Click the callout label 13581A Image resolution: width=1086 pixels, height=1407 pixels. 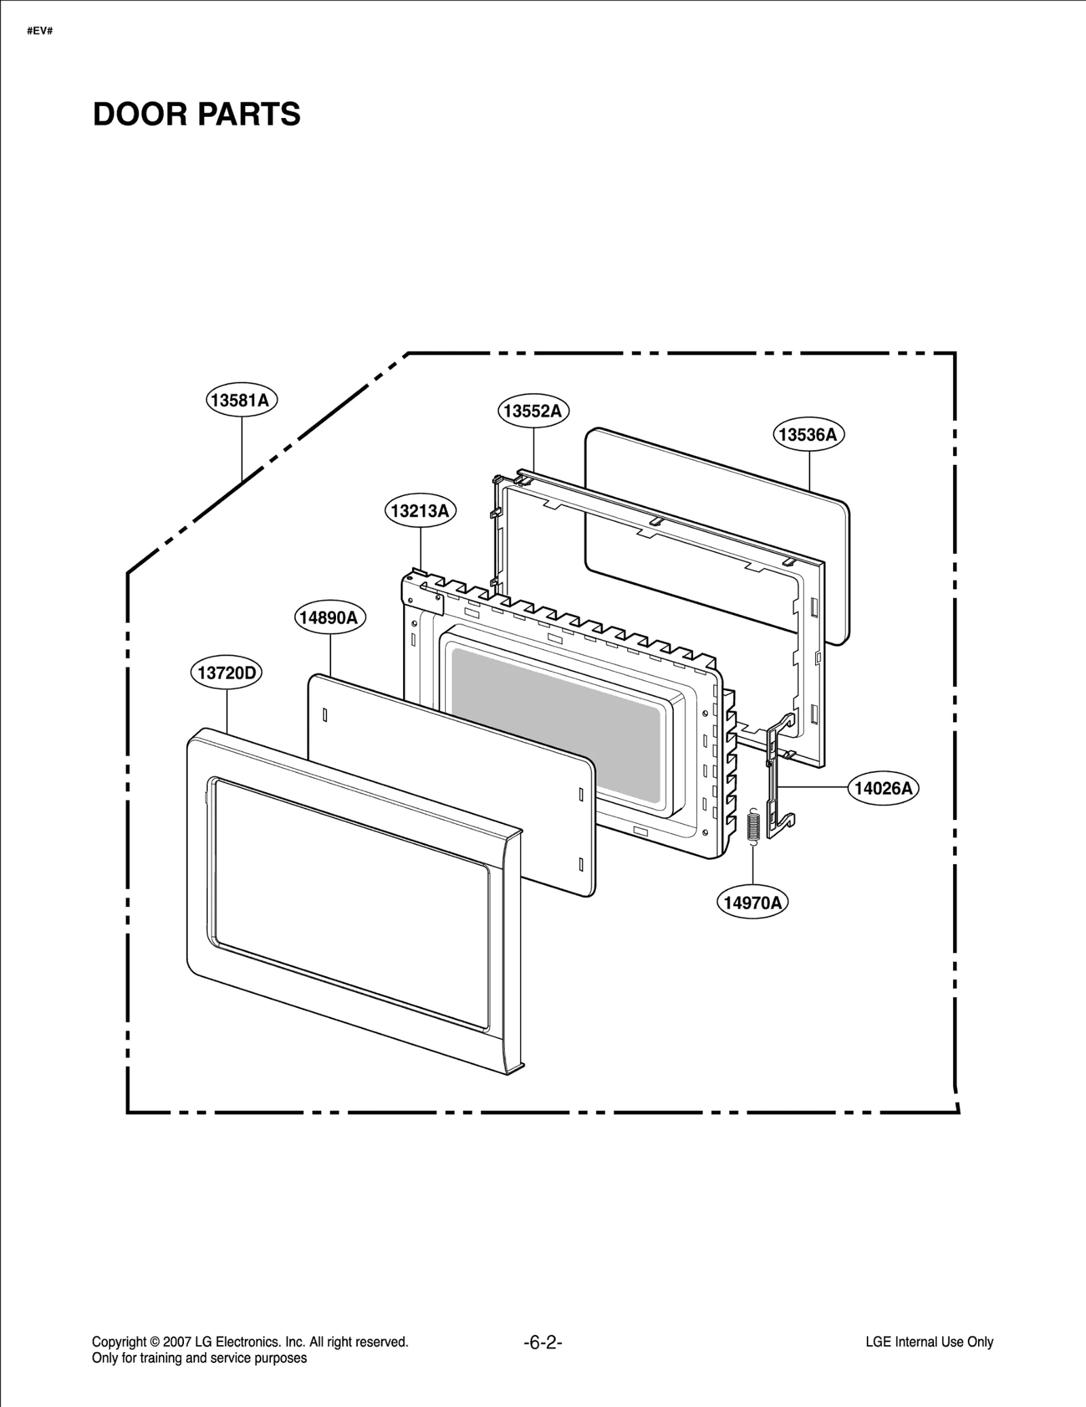(242, 400)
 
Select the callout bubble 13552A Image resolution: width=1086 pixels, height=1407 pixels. (533, 411)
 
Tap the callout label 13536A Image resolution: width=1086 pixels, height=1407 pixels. (808, 434)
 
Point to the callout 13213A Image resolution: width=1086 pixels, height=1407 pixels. (420, 510)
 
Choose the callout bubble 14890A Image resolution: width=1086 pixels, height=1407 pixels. (330, 618)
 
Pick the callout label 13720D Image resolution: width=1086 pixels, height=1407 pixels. (226, 673)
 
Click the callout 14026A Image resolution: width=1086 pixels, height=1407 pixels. (883, 788)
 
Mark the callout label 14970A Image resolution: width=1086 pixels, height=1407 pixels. (752, 903)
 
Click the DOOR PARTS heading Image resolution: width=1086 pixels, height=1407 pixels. (196, 114)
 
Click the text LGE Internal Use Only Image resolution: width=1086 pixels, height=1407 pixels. (929, 1342)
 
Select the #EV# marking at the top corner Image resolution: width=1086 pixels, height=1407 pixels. (40, 31)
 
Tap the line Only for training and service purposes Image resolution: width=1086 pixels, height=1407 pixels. (199, 1358)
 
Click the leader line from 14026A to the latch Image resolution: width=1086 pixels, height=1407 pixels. (814, 787)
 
